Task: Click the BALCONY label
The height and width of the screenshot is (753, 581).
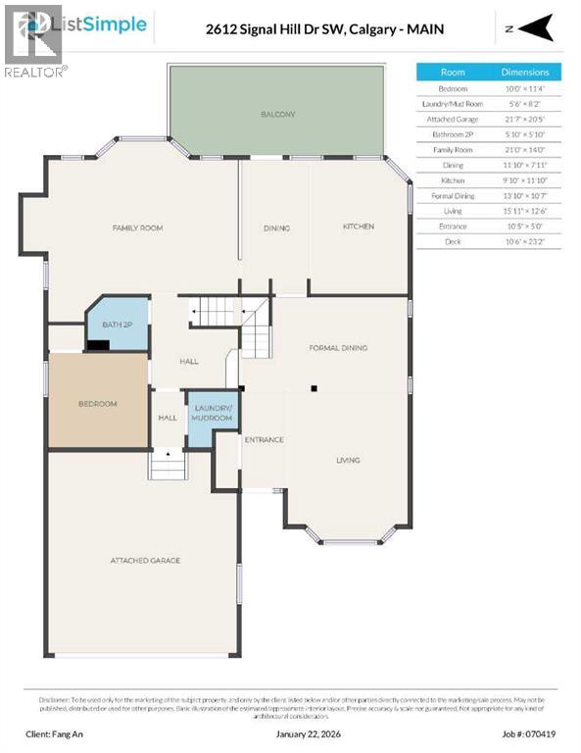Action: pos(277,115)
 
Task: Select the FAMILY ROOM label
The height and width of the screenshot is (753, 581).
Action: pos(137,227)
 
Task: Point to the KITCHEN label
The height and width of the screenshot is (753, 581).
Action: pos(358,226)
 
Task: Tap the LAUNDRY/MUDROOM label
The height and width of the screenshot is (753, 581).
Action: pos(213,413)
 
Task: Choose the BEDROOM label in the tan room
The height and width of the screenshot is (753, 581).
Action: pos(98,404)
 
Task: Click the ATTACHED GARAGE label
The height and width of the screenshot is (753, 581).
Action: pos(145,561)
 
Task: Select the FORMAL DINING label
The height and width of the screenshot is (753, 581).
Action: pos(338,348)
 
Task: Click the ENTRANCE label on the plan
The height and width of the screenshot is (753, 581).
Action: pos(264,439)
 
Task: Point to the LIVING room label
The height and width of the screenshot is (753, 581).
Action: pos(348,460)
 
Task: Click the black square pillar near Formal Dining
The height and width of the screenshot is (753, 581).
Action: pos(314,389)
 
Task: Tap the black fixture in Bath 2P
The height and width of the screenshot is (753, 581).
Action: pos(98,344)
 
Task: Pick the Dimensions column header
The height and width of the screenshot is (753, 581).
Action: pos(532,73)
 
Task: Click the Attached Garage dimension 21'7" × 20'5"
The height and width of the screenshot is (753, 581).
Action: pos(532,118)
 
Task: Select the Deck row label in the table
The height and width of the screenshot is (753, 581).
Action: pos(453,240)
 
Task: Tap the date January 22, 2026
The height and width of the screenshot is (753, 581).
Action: pos(290,732)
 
